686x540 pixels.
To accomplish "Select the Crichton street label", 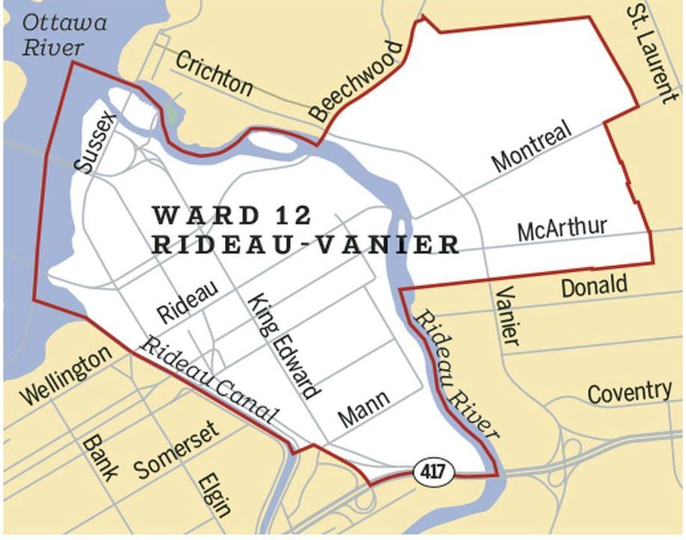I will (214, 73).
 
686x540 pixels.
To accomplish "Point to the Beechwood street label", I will (357, 82).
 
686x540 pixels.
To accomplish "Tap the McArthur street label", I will (562, 228).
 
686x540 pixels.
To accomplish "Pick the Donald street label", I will (594, 285).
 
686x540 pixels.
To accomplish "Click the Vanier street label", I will (508, 315).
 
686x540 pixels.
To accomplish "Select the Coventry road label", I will (629, 391).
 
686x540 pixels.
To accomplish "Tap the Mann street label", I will (364, 409).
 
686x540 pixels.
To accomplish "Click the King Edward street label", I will (284, 344).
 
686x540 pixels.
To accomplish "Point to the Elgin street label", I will (214, 495).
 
